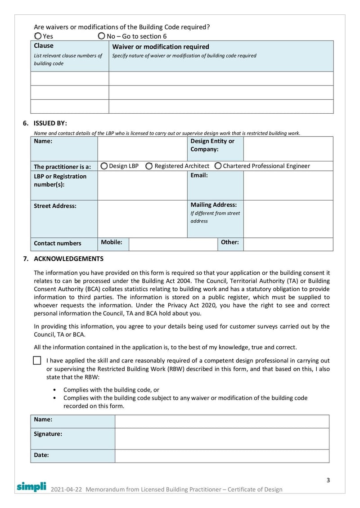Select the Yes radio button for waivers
[x=38, y=36]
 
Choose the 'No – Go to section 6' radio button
[x=102, y=36]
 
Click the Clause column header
[x=44, y=46]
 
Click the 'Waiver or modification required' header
[x=160, y=47]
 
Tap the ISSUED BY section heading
[x=50, y=123]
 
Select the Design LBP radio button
[x=104, y=166]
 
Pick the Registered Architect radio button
[x=149, y=166]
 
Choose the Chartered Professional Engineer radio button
[x=218, y=166]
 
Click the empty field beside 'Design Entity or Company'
[x=288, y=149]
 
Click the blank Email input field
[x=288, y=185]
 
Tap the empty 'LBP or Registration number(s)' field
[x=142, y=185]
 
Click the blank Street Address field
[x=142, y=218]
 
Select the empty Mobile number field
[x=173, y=244]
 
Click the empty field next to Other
[x=288, y=244]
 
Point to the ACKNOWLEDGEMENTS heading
[x=68, y=259]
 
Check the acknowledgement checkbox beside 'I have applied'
[x=37, y=361]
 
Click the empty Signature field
[x=222, y=438]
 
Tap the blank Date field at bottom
[x=222, y=455]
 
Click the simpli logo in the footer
[x=31, y=486]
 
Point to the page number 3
[x=328, y=480]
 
